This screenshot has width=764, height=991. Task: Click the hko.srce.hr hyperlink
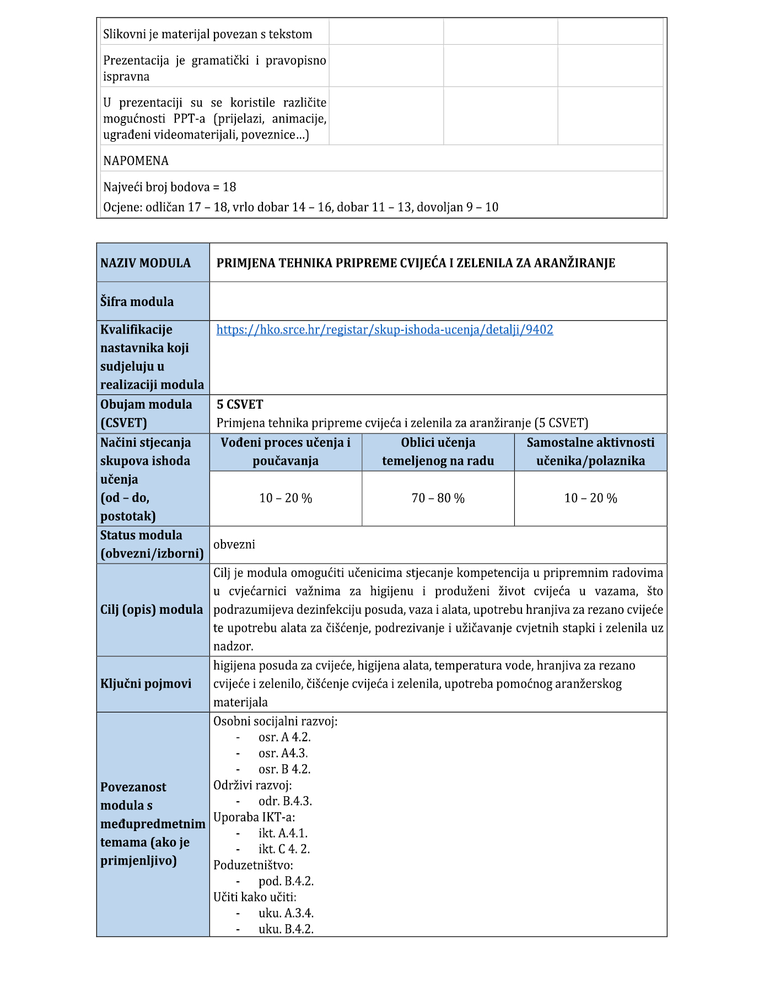384,330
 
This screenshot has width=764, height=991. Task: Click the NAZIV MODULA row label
146,263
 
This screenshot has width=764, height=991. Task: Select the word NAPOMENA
136,161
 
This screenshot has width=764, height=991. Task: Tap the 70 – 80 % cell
438,499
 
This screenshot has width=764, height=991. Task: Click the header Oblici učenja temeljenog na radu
438,452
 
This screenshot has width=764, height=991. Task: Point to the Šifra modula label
137,302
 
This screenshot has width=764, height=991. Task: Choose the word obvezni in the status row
234,545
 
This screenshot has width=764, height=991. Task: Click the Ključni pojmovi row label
146,684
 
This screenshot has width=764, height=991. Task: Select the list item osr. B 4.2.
284,769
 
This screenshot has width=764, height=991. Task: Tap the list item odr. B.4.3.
285,801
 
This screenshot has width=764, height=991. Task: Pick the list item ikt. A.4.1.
283,833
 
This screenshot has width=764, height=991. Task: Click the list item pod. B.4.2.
286,881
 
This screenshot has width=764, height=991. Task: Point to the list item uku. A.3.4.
286,913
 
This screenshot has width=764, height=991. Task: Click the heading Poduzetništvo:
253,865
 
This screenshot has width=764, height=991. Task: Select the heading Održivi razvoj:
252,785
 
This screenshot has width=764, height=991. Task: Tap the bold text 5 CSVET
240,405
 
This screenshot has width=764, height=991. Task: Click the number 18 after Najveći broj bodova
229,188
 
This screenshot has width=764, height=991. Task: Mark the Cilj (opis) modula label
152,610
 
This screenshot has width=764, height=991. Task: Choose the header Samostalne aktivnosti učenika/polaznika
590,452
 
